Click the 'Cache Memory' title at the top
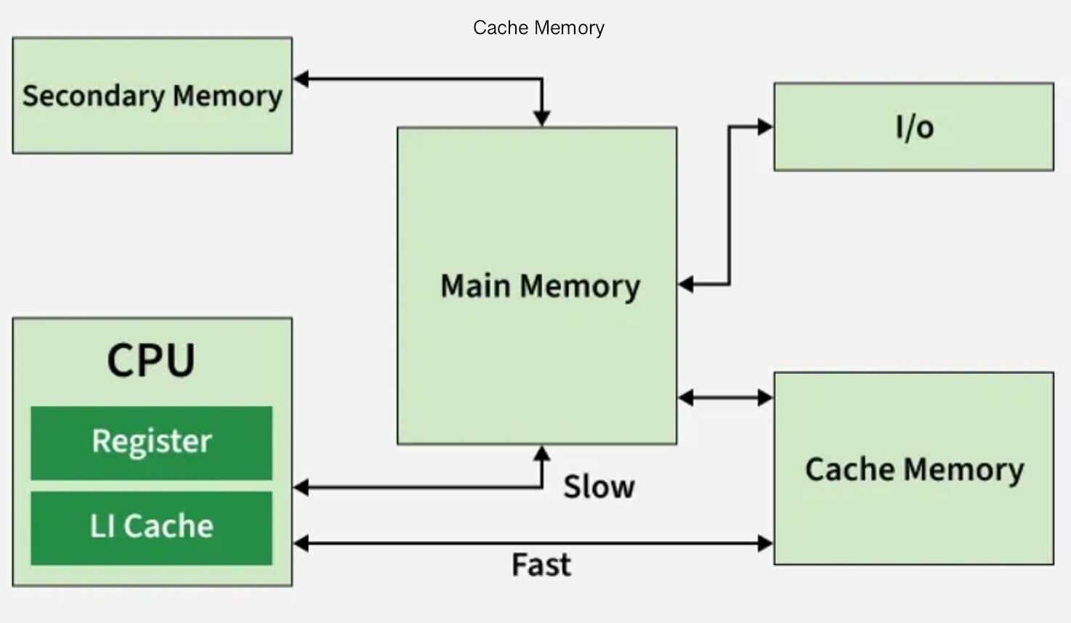click(538, 28)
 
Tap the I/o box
click(913, 127)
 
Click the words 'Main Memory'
click(540, 285)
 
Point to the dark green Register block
click(151, 442)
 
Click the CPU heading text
click(151, 360)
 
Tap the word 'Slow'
click(599, 486)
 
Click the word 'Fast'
click(541, 565)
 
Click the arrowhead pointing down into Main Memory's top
click(541, 118)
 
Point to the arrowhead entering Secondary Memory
click(301, 79)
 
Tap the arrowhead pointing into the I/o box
click(764, 127)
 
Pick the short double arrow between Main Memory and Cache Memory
click(725, 397)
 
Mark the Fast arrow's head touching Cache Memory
click(765, 543)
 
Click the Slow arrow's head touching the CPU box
click(301, 487)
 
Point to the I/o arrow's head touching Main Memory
click(686, 285)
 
